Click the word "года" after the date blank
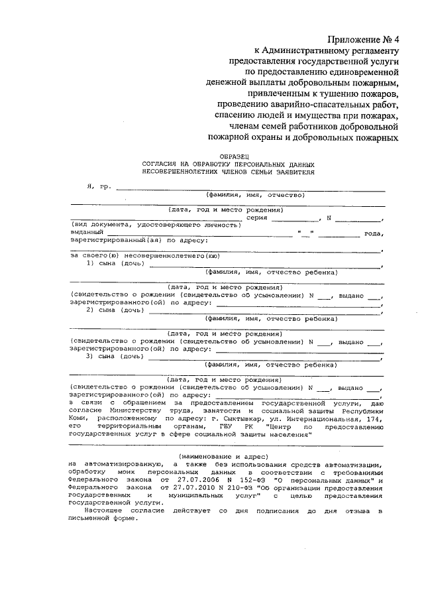[x=374, y=233]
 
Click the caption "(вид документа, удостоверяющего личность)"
[x=154, y=225]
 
